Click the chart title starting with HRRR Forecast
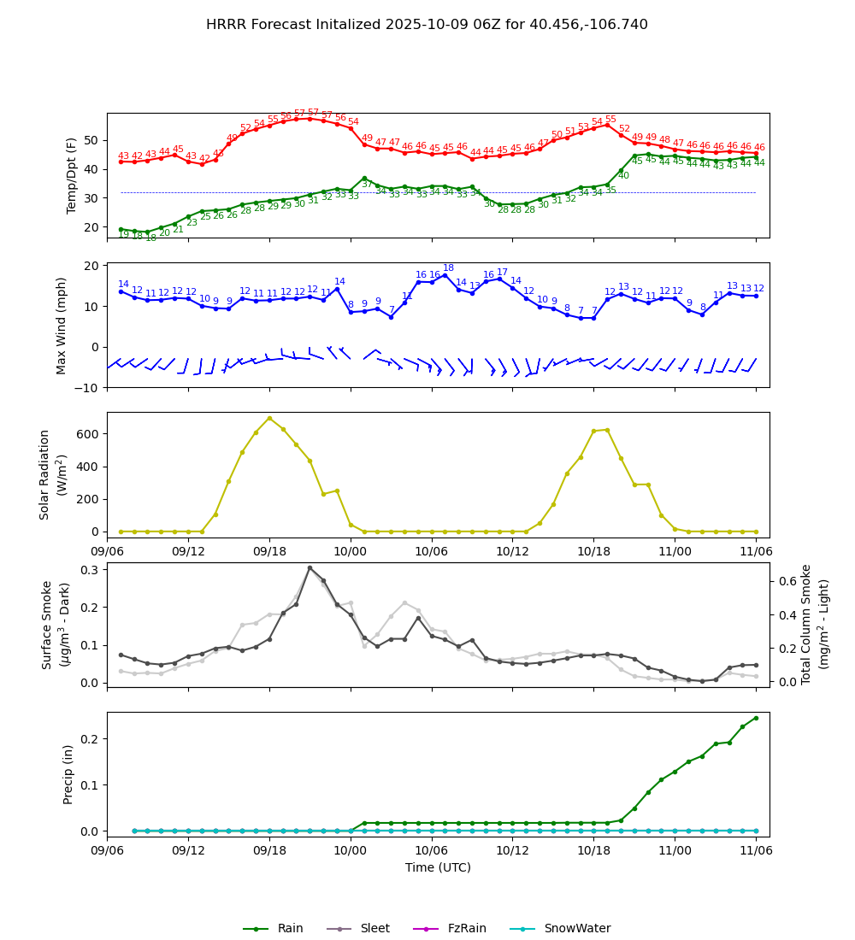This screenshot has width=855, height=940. pos(427,25)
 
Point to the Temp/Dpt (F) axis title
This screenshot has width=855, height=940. pos(72,175)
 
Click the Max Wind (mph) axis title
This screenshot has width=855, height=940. pos(62,325)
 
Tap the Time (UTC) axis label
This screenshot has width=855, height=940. pos(438,867)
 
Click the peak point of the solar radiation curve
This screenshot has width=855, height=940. pos(269,418)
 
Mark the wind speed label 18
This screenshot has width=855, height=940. pos(448,268)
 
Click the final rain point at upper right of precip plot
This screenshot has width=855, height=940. pos(756,718)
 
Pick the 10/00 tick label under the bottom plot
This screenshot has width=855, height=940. pos(351,851)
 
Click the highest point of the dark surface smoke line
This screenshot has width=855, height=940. pos(310,567)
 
